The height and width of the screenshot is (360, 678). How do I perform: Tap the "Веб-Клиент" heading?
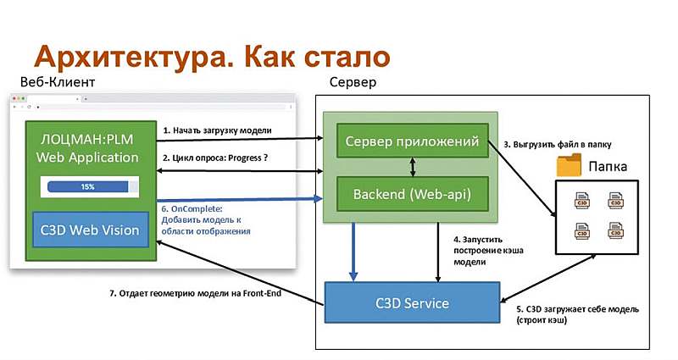point(58,82)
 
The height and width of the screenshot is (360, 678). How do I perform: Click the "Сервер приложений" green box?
point(412,140)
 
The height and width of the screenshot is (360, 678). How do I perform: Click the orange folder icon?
point(570,165)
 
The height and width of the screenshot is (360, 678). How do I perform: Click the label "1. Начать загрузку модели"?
point(217,130)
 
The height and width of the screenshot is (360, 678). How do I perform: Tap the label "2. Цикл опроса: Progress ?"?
point(220,158)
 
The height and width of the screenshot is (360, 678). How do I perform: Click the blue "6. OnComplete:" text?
point(195,208)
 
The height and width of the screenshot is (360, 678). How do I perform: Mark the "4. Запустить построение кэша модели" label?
point(482,251)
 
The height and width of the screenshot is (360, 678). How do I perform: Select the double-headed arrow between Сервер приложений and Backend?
point(412,168)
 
